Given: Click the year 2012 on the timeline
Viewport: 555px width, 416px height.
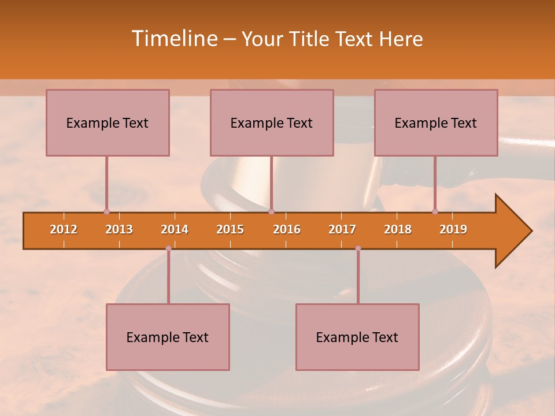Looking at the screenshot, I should (x=64, y=229).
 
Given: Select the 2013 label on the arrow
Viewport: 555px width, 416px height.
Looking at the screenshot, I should (x=119, y=229).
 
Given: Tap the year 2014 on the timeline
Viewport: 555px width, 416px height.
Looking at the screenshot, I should (x=175, y=229).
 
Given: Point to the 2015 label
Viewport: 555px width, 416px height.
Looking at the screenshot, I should (x=230, y=229).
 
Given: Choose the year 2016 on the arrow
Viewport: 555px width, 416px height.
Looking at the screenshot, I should (x=287, y=229).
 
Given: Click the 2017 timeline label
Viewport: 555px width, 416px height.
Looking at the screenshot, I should (x=342, y=229).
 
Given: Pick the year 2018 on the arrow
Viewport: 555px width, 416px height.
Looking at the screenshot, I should (x=398, y=229).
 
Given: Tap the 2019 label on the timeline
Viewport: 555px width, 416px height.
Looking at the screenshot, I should (x=453, y=229).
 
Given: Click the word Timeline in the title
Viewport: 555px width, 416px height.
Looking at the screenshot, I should (x=173, y=39).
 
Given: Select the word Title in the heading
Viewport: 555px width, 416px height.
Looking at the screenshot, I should (x=309, y=39).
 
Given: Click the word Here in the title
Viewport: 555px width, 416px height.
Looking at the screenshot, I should (x=401, y=39).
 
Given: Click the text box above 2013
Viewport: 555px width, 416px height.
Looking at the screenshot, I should (x=108, y=122).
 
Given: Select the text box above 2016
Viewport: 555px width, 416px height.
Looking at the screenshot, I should (x=272, y=122).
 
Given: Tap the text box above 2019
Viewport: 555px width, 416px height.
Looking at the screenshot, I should (x=436, y=122).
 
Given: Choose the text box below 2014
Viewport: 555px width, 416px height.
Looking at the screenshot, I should (x=168, y=337).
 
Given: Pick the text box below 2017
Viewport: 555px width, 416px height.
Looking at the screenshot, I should (x=357, y=337).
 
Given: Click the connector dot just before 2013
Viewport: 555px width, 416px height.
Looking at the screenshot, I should (x=106, y=211).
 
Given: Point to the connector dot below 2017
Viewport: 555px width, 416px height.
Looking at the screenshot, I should (x=358, y=248).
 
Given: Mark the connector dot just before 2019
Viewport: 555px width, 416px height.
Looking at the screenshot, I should (x=435, y=211).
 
